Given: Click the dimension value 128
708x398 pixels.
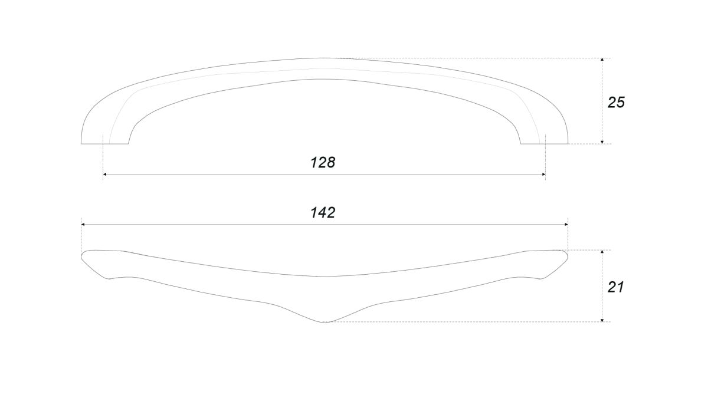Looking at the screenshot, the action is [x=323, y=162].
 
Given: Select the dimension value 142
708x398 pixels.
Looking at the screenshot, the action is [x=323, y=213].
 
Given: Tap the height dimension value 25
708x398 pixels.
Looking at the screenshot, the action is [x=616, y=103].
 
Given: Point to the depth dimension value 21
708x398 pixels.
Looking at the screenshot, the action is [x=615, y=287].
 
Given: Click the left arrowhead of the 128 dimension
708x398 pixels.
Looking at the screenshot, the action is [x=105, y=175].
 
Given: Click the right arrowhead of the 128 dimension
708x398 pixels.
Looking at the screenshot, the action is [x=543, y=175].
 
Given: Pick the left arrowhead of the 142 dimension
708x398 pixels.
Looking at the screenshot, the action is [x=83, y=225].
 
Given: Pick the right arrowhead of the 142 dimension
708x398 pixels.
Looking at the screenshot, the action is [x=566, y=225].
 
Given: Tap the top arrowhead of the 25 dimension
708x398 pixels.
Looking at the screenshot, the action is [x=602, y=60].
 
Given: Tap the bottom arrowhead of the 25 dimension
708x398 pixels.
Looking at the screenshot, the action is [x=602, y=142].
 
